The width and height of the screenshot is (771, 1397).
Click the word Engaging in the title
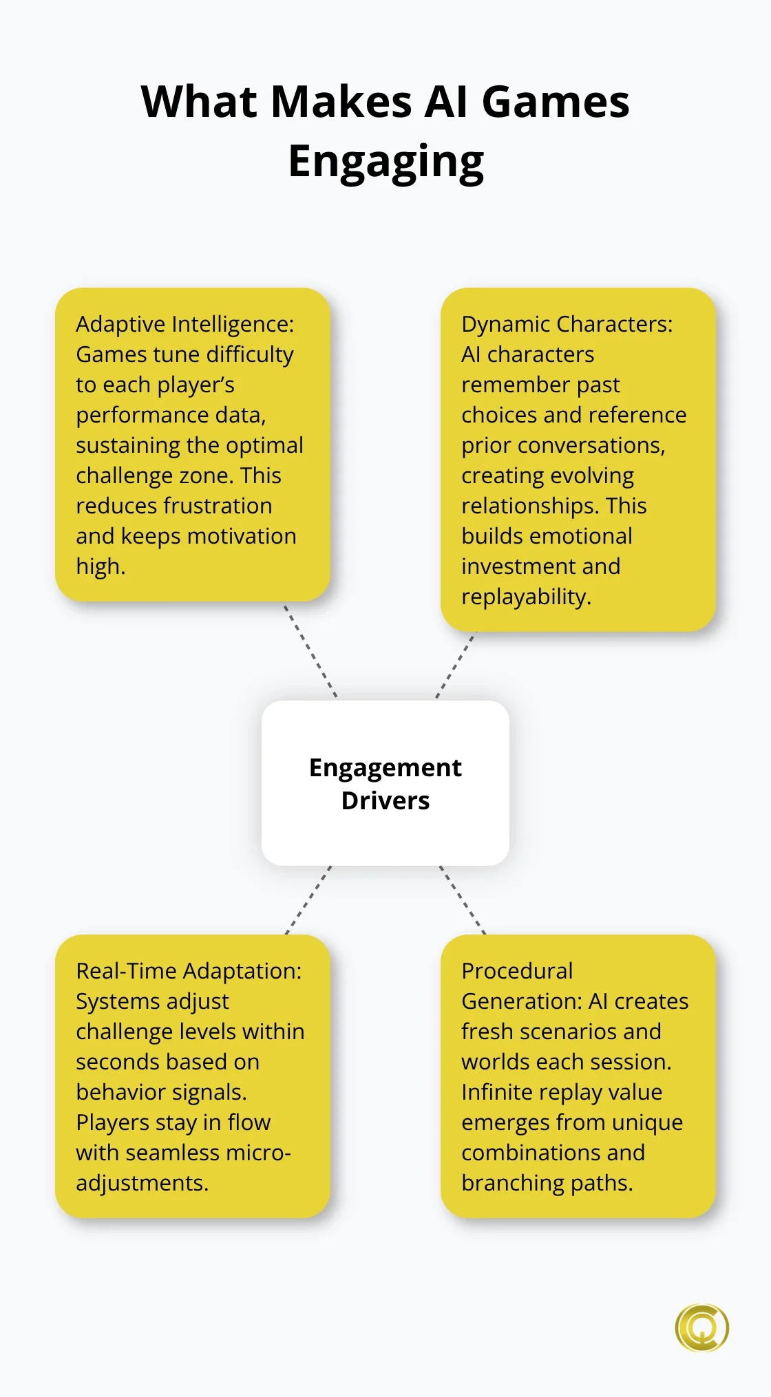[x=385, y=162]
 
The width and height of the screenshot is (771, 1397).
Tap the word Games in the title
[x=555, y=102]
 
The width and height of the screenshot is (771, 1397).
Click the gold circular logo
[x=701, y=1327]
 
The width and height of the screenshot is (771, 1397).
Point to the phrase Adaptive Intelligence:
[x=184, y=324]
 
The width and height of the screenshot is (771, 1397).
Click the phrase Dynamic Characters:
[x=567, y=324]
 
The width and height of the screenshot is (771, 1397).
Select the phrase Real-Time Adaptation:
[x=189, y=971]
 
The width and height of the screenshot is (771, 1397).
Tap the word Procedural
[x=517, y=971]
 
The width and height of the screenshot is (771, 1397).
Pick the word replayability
[x=526, y=597]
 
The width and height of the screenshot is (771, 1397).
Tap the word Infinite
[x=497, y=1092]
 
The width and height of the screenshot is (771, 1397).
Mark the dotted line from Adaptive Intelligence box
[x=310, y=650]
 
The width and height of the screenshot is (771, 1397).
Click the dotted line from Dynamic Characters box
[x=456, y=665]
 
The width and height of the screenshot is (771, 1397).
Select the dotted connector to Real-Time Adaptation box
[x=308, y=899]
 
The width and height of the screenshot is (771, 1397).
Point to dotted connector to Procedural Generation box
[x=463, y=899]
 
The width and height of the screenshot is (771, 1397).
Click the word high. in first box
[x=101, y=566]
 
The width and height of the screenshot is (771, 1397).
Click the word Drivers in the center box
[x=385, y=801]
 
